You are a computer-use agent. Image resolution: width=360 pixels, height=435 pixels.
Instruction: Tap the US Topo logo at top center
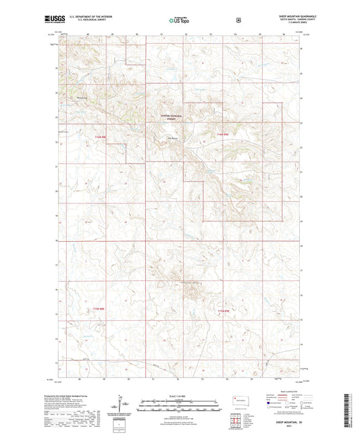coord(179,20)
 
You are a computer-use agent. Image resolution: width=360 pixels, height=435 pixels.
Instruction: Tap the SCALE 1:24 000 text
coord(179,396)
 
